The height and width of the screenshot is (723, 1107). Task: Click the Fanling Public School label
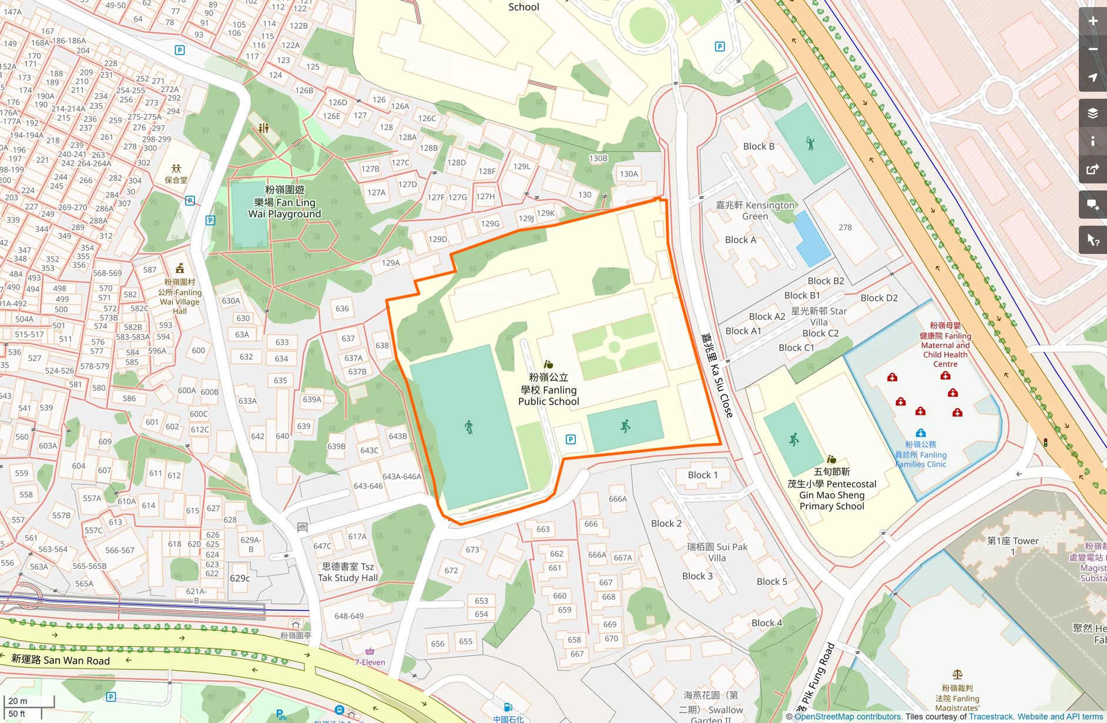(x=548, y=390)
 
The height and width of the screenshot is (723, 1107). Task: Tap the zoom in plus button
(x=1092, y=21)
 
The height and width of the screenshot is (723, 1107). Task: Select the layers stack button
(x=1092, y=113)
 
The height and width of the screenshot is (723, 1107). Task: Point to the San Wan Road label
(x=61, y=660)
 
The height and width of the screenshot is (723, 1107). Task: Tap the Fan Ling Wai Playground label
(x=285, y=202)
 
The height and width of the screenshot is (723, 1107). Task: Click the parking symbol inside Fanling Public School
(x=571, y=439)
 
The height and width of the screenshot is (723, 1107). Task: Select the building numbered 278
(x=845, y=227)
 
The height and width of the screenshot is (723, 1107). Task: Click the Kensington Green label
(x=755, y=210)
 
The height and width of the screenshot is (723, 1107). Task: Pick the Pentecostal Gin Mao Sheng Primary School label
(x=831, y=489)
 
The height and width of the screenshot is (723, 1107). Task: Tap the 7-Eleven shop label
(x=370, y=662)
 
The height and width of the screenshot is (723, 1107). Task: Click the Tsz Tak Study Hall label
(x=348, y=572)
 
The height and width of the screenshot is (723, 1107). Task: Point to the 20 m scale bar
(x=29, y=701)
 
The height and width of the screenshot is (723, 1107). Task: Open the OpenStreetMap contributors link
(x=848, y=717)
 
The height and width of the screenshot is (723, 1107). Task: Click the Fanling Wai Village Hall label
(x=180, y=297)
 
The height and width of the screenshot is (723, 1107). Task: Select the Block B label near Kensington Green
(x=759, y=146)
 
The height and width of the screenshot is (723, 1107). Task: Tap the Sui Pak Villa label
(x=717, y=552)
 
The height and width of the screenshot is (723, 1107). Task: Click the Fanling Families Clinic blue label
(x=921, y=454)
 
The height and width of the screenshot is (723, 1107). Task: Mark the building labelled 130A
(x=629, y=173)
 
